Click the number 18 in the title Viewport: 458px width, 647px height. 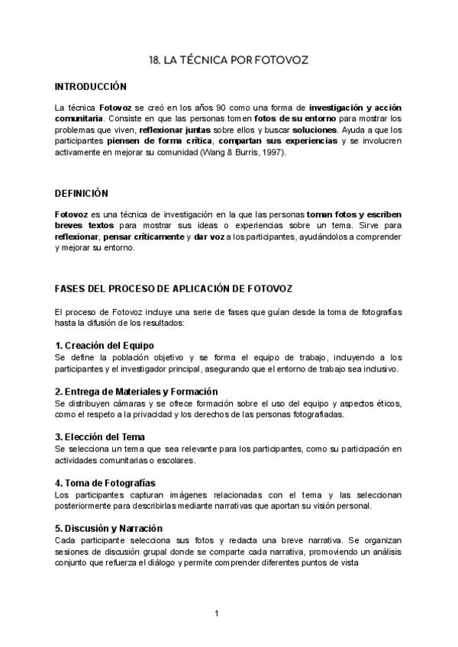tap(153, 60)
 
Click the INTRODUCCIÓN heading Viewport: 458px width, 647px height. tap(91, 87)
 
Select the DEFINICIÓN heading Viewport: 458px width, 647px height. tap(82, 193)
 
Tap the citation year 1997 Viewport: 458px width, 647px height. tap(271, 153)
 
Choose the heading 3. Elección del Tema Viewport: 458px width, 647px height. tap(100, 436)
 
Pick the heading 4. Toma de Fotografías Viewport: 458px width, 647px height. tap(105, 483)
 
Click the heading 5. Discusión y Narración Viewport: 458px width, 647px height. tap(108, 528)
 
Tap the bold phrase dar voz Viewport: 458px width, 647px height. tap(230, 237)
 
